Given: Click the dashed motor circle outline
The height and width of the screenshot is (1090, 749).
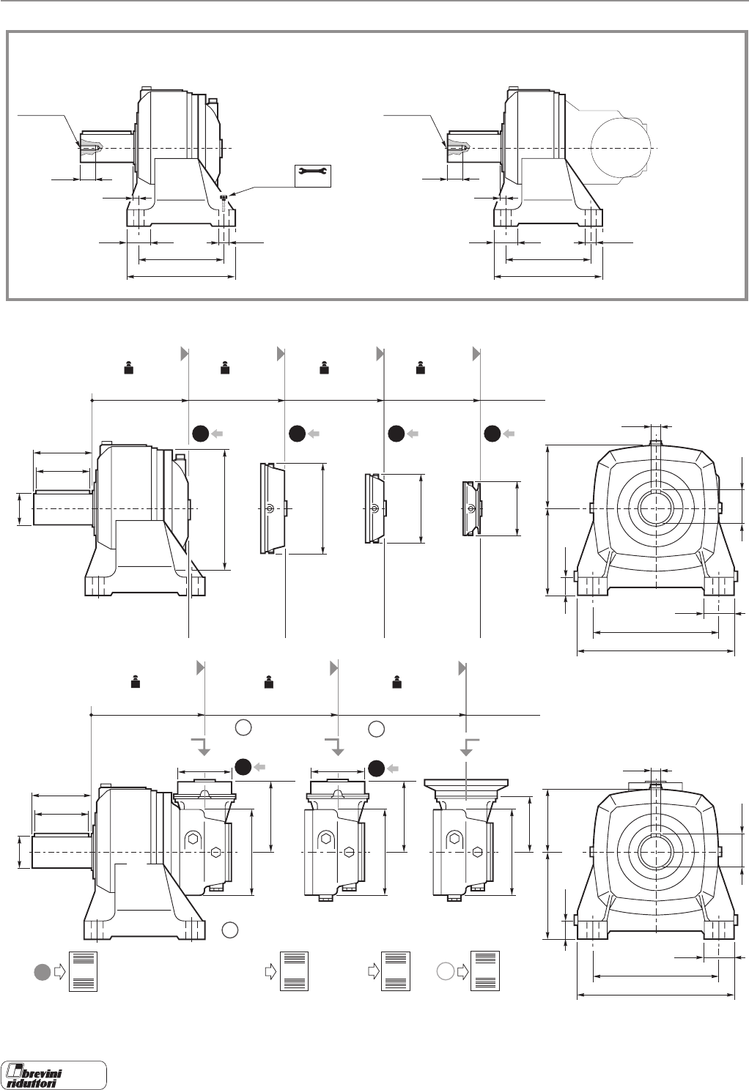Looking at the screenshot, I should coord(621,147).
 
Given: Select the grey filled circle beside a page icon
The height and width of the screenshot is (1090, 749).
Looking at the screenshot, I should coord(43,971).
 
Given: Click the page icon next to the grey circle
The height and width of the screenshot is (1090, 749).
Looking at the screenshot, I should coord(82,972).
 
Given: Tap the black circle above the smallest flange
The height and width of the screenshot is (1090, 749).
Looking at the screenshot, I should coord(492,434).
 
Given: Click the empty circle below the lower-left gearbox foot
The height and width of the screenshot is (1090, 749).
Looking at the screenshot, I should coord(229,930).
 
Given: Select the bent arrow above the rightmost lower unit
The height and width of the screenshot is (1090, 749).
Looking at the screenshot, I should coord(469,746).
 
